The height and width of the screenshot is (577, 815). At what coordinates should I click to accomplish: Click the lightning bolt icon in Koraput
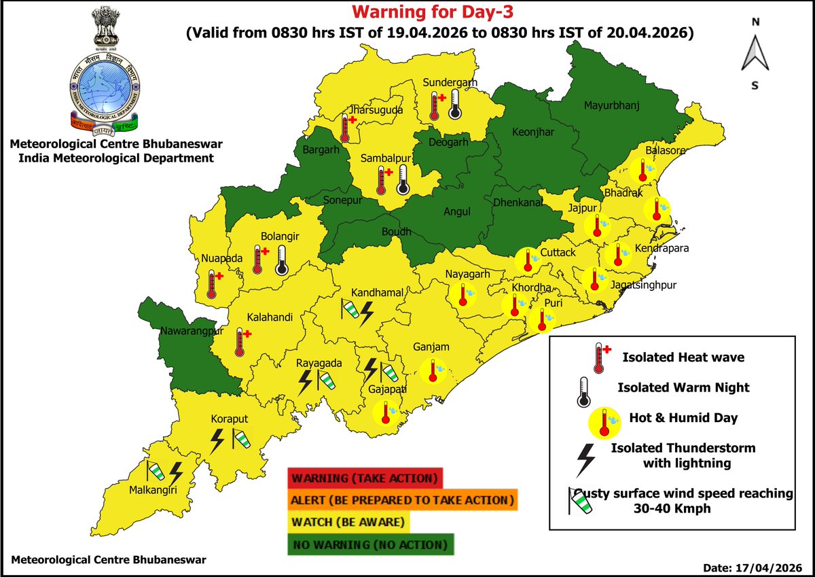coord(217,440)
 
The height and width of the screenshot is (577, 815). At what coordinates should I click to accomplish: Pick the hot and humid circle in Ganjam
coord(432,370)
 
